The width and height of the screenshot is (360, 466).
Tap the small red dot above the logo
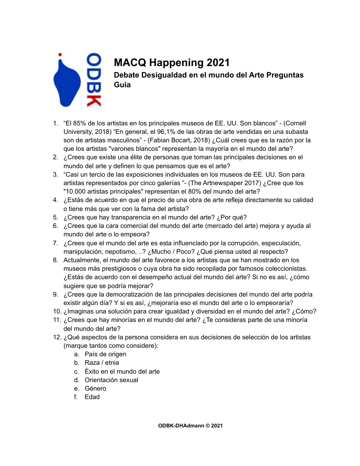[x=60, y=55]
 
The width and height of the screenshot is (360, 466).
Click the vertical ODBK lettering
[x=94, y=79]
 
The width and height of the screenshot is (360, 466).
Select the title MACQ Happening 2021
[x=172, y=63]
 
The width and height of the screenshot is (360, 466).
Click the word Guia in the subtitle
[x=122, y=84]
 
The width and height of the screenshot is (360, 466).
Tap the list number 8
[x=55, y=260]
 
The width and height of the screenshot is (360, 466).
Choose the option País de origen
[x=105, y=354]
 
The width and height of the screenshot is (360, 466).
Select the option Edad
[x=92, y=397]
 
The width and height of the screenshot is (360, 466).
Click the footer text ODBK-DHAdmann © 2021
[x=190, y=425]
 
